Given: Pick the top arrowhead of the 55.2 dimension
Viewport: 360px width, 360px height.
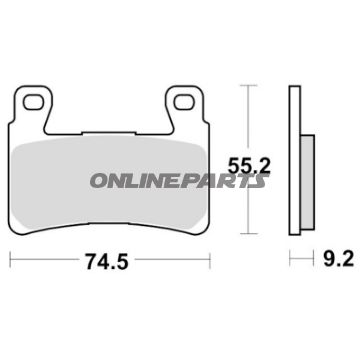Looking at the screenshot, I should (247, 89).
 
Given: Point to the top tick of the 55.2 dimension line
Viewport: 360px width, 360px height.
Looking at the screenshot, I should (247, 85).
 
